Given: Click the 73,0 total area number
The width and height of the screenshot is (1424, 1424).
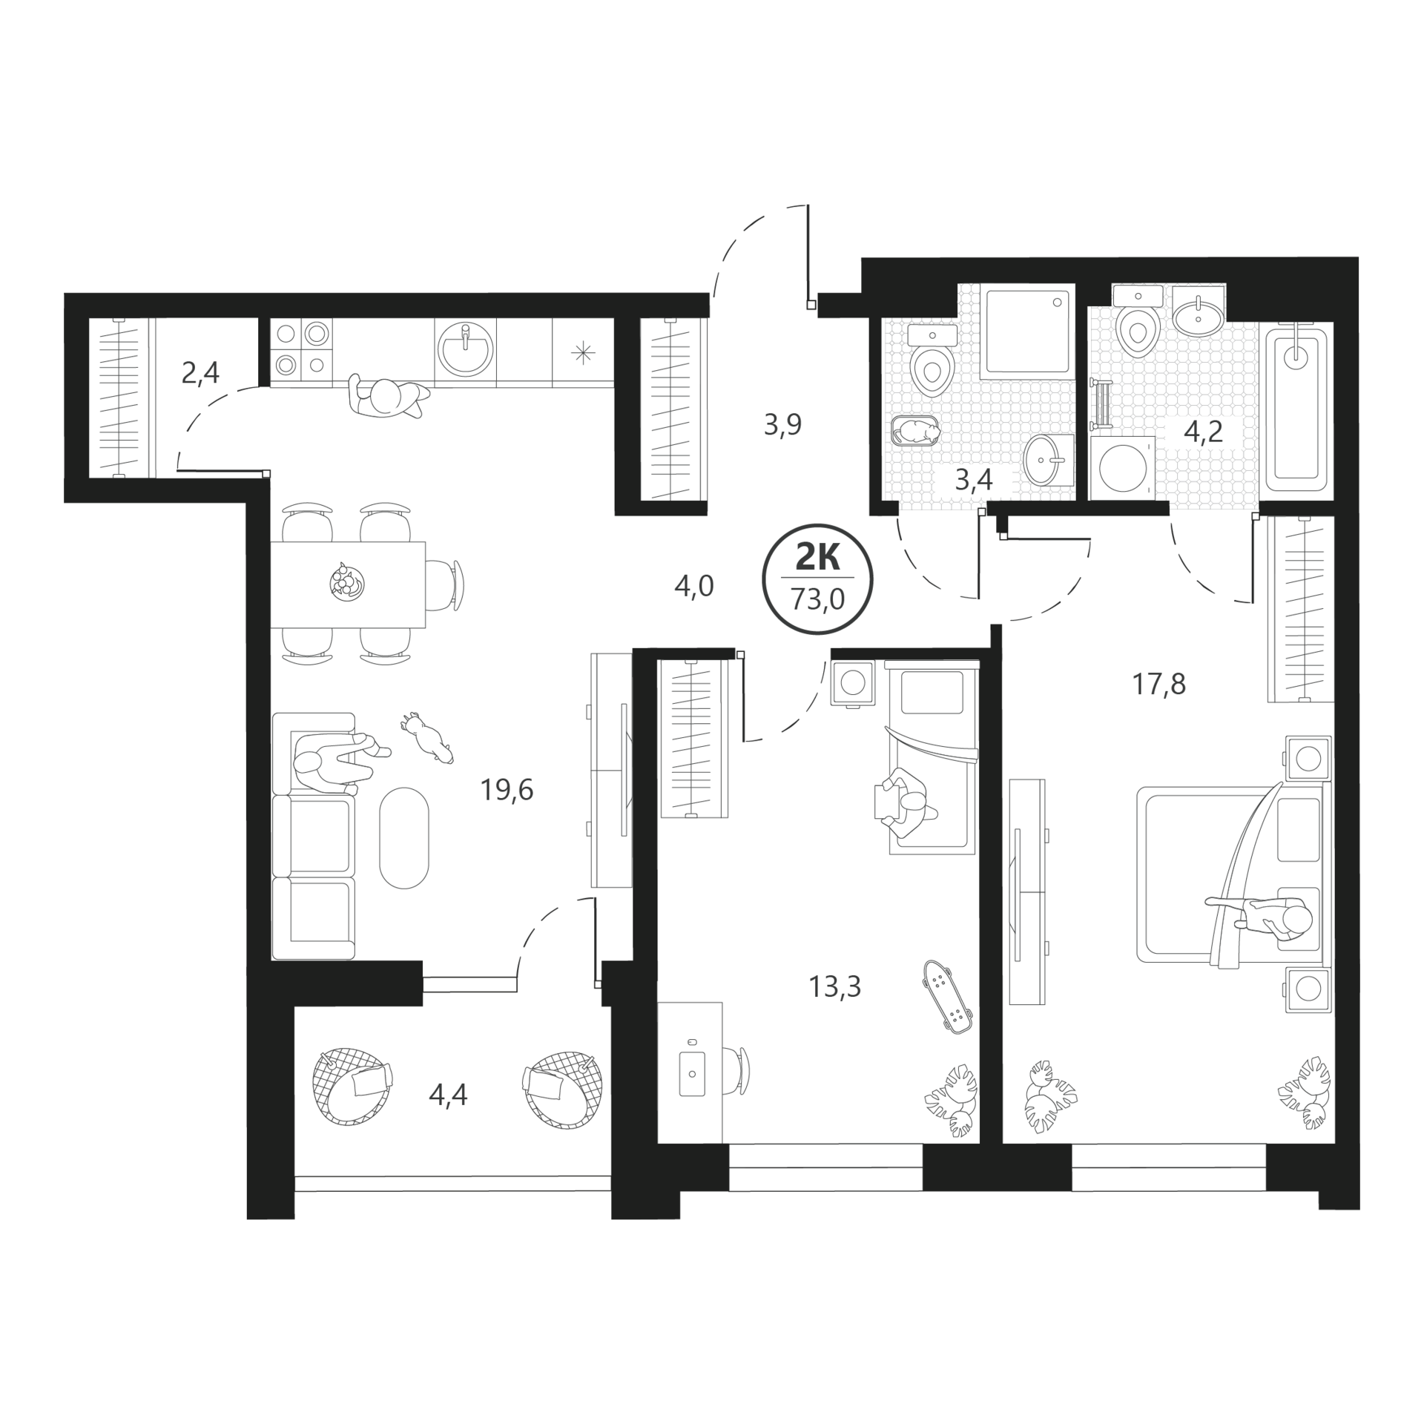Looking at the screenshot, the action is [818, 599].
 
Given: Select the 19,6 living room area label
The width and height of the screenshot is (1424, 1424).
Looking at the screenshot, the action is [507, 791].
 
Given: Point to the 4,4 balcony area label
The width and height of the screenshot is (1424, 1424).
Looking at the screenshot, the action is [448, 1095].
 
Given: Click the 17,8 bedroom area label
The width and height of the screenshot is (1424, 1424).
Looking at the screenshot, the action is [1158, 684].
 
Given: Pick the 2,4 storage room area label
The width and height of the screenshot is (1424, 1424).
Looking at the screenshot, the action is [200, 372].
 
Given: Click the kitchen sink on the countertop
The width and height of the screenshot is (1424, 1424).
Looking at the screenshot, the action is [464, 349].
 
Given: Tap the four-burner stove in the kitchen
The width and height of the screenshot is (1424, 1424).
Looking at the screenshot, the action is [301, 349].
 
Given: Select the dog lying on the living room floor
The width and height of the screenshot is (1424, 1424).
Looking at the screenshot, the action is [428, 738].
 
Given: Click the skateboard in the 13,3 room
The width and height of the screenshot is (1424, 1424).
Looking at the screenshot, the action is [947, 996].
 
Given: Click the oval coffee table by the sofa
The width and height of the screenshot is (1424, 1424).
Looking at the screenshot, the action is [403, 837].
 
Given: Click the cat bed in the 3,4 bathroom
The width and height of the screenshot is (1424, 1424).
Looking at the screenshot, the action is [914, 432].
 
